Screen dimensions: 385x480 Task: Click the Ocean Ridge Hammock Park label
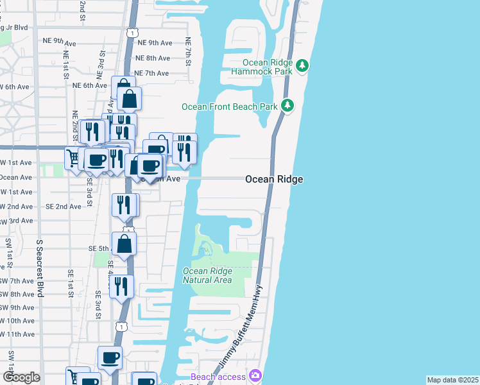268,67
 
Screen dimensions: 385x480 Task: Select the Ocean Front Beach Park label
228,107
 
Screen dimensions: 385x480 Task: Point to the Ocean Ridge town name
274,180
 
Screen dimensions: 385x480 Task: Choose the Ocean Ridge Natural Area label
207,275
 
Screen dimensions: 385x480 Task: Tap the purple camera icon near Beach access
255,375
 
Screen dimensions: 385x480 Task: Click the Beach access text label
218,377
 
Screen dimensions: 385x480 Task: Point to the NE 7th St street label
188,49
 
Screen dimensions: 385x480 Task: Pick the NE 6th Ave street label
89,85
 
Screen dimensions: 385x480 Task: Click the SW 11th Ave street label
18,334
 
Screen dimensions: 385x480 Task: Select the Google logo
21,377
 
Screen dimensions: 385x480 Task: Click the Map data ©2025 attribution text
452,380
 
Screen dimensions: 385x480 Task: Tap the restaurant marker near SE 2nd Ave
125,205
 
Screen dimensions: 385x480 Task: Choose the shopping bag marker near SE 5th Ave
125,244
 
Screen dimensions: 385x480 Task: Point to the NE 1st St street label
66,66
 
